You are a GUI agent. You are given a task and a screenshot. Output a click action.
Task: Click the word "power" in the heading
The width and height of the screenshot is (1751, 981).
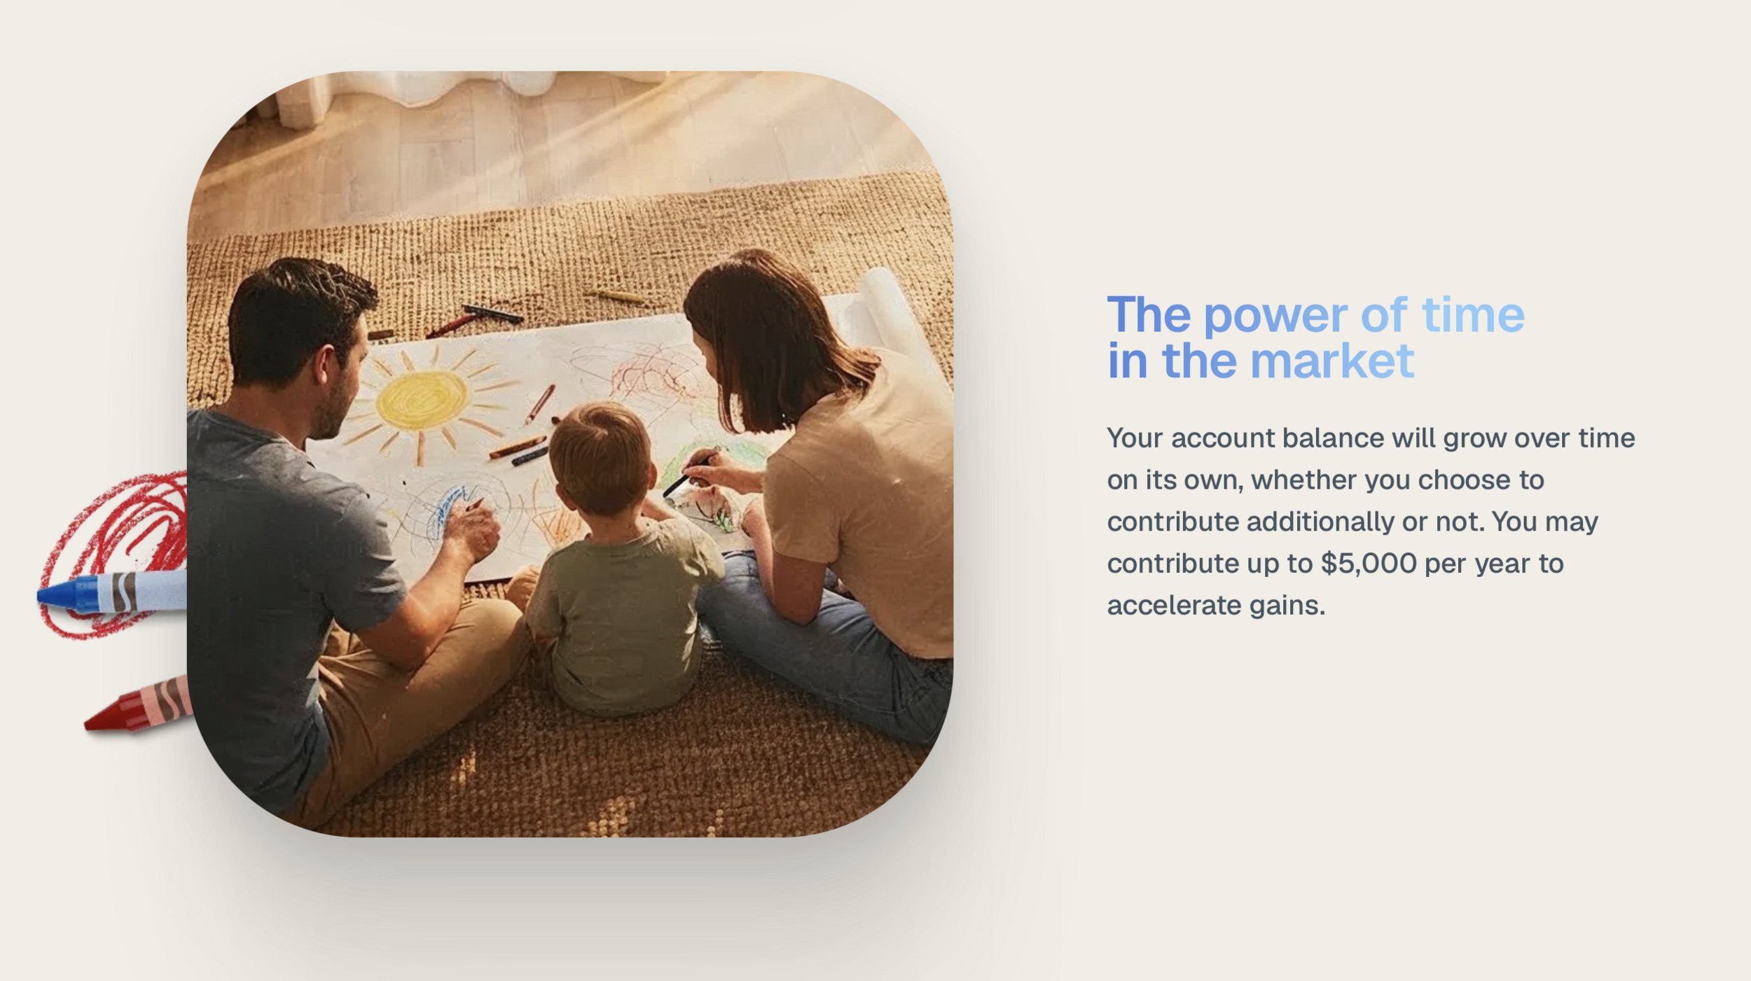point(1275,317)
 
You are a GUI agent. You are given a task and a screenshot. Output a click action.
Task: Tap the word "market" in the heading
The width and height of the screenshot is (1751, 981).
point(1331,361)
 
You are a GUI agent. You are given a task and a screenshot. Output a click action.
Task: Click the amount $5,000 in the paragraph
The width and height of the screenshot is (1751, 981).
point(1369,564)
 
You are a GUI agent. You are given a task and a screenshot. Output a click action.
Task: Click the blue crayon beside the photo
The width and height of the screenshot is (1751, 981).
point(112,592)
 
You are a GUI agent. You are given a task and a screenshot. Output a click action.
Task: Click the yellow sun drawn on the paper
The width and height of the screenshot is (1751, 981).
point(422,400)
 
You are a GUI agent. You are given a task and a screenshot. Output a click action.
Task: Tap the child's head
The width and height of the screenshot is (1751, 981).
point(601,459)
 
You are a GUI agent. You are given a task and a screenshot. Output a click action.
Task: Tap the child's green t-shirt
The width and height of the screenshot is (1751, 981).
point(623,616)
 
